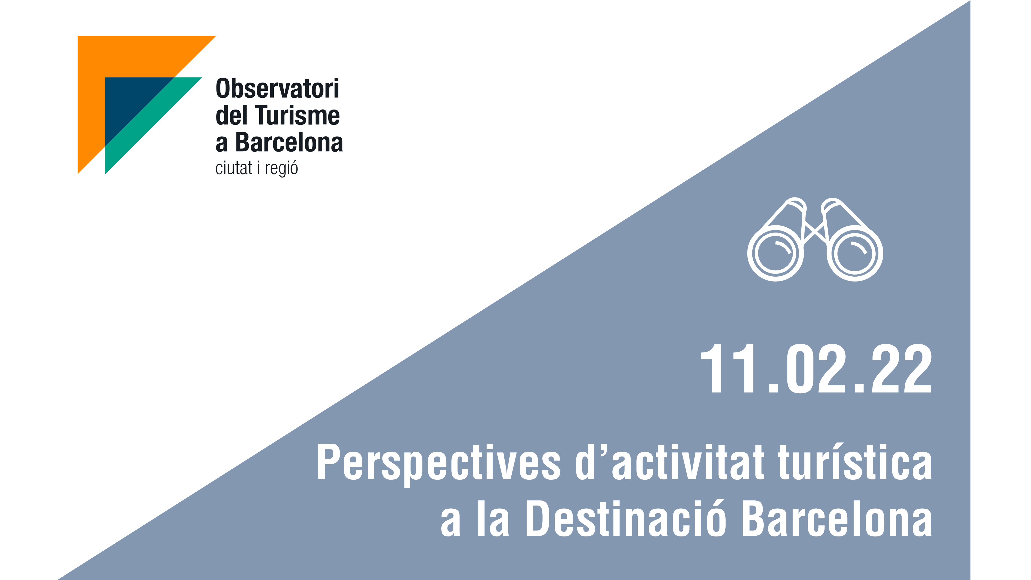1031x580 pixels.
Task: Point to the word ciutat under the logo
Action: click(x=234, y=168)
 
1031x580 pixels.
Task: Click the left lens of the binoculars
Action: click(x=776, y=253)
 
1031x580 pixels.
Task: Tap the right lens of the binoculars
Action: click(x=855, y=253)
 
